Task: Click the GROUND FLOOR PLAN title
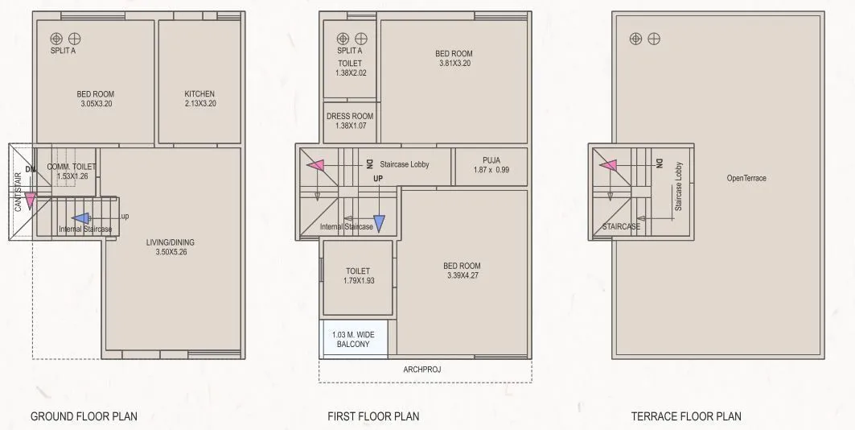click(x=84, y=416)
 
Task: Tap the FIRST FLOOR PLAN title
click(x=373, y=416)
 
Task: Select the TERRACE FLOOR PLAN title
click(x=686, y=416)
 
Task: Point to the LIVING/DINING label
click(x=170, y=242)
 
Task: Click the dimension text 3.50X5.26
click(x=170, y=253)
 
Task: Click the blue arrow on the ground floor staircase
click(x=80, y=217)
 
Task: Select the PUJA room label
click(x=491, y=160)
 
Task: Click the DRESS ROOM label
click(x=350, y=116)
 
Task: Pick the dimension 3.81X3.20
click(x=454, y=64)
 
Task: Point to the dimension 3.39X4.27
click(x=462, y=276)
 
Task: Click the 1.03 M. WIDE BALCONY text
click(x=354, y=339)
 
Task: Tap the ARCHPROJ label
click(x=422, y=370)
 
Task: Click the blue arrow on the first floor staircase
click(x=379, y=222)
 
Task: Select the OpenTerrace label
click(x=746, y=178)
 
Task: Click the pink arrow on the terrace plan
click(x=608, y=165)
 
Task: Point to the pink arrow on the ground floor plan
click(x=31, y=201)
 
